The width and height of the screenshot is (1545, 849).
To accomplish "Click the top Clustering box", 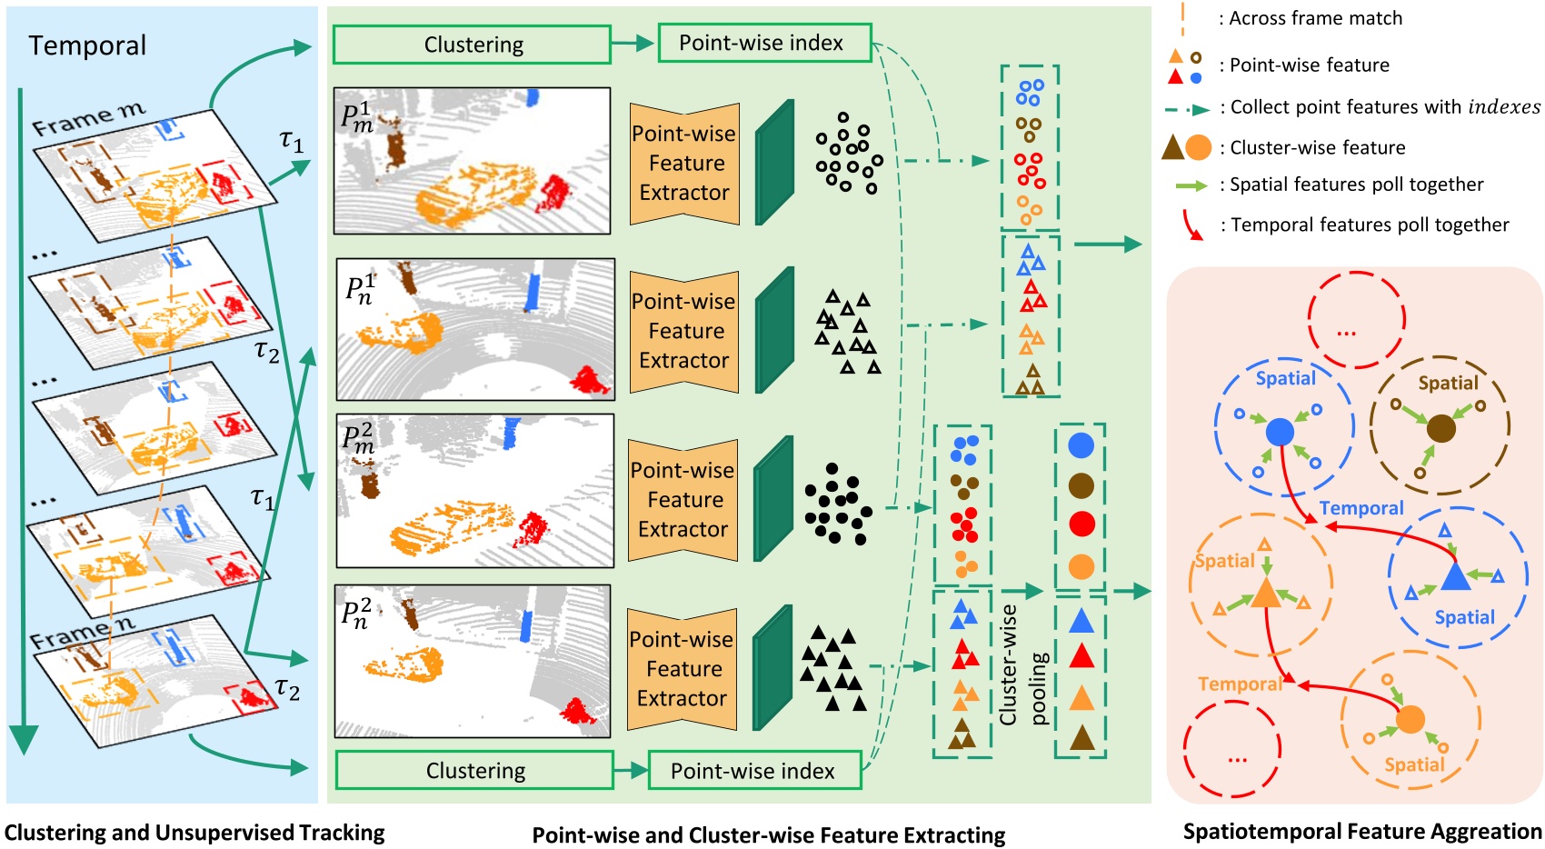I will point(472,45).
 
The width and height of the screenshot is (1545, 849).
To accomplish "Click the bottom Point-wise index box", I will point(753,771).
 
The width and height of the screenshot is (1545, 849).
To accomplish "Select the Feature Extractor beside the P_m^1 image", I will point(684,164).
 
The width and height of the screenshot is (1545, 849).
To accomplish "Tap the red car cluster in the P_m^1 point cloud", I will point(552,194).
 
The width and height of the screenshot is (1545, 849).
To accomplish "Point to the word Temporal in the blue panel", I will point(87,45).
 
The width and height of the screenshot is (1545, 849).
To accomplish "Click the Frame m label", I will point(88,119).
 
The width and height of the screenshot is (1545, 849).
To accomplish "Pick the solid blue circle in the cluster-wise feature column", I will point(1081,444).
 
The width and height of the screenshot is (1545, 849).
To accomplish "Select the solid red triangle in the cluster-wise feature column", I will point(1081,656).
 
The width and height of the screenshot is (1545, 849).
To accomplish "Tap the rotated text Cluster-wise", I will point(1008,664).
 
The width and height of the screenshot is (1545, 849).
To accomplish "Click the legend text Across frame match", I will point(1315,18).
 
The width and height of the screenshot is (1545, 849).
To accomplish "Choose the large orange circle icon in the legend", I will point(1199,147).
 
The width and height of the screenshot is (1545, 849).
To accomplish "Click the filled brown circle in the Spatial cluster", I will point(1440,428).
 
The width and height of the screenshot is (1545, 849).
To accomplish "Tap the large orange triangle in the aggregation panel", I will point(1265,594).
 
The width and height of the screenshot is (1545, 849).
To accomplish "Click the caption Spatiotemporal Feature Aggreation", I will point(1361,831).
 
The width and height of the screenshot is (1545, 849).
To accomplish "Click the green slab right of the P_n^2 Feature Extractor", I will point(772,668).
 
